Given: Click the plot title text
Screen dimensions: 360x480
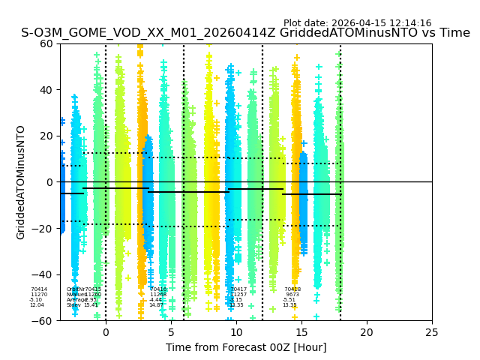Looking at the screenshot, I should [245, 33].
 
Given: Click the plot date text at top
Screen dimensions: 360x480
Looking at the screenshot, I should [357, 23].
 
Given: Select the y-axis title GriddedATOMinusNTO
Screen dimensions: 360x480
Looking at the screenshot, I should [21, 182].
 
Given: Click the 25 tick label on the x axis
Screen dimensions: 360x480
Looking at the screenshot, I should [432, 332].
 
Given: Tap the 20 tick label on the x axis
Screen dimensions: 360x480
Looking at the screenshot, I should [367, 332].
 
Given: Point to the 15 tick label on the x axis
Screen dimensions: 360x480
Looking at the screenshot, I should [301, 332].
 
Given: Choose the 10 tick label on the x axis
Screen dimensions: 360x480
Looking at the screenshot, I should [236, 332].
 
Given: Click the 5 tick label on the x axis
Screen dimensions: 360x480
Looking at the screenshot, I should [171, 332].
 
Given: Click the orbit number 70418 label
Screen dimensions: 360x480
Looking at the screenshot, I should [292, 289].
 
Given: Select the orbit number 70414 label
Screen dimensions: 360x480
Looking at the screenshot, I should [39, 289].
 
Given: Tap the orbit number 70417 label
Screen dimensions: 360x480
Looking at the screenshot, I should [238, 289].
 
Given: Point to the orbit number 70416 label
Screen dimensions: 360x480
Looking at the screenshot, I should [158, 289].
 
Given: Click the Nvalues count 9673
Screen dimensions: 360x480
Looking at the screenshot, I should [292, 295].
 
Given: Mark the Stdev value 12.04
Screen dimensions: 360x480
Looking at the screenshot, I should [37, 305].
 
